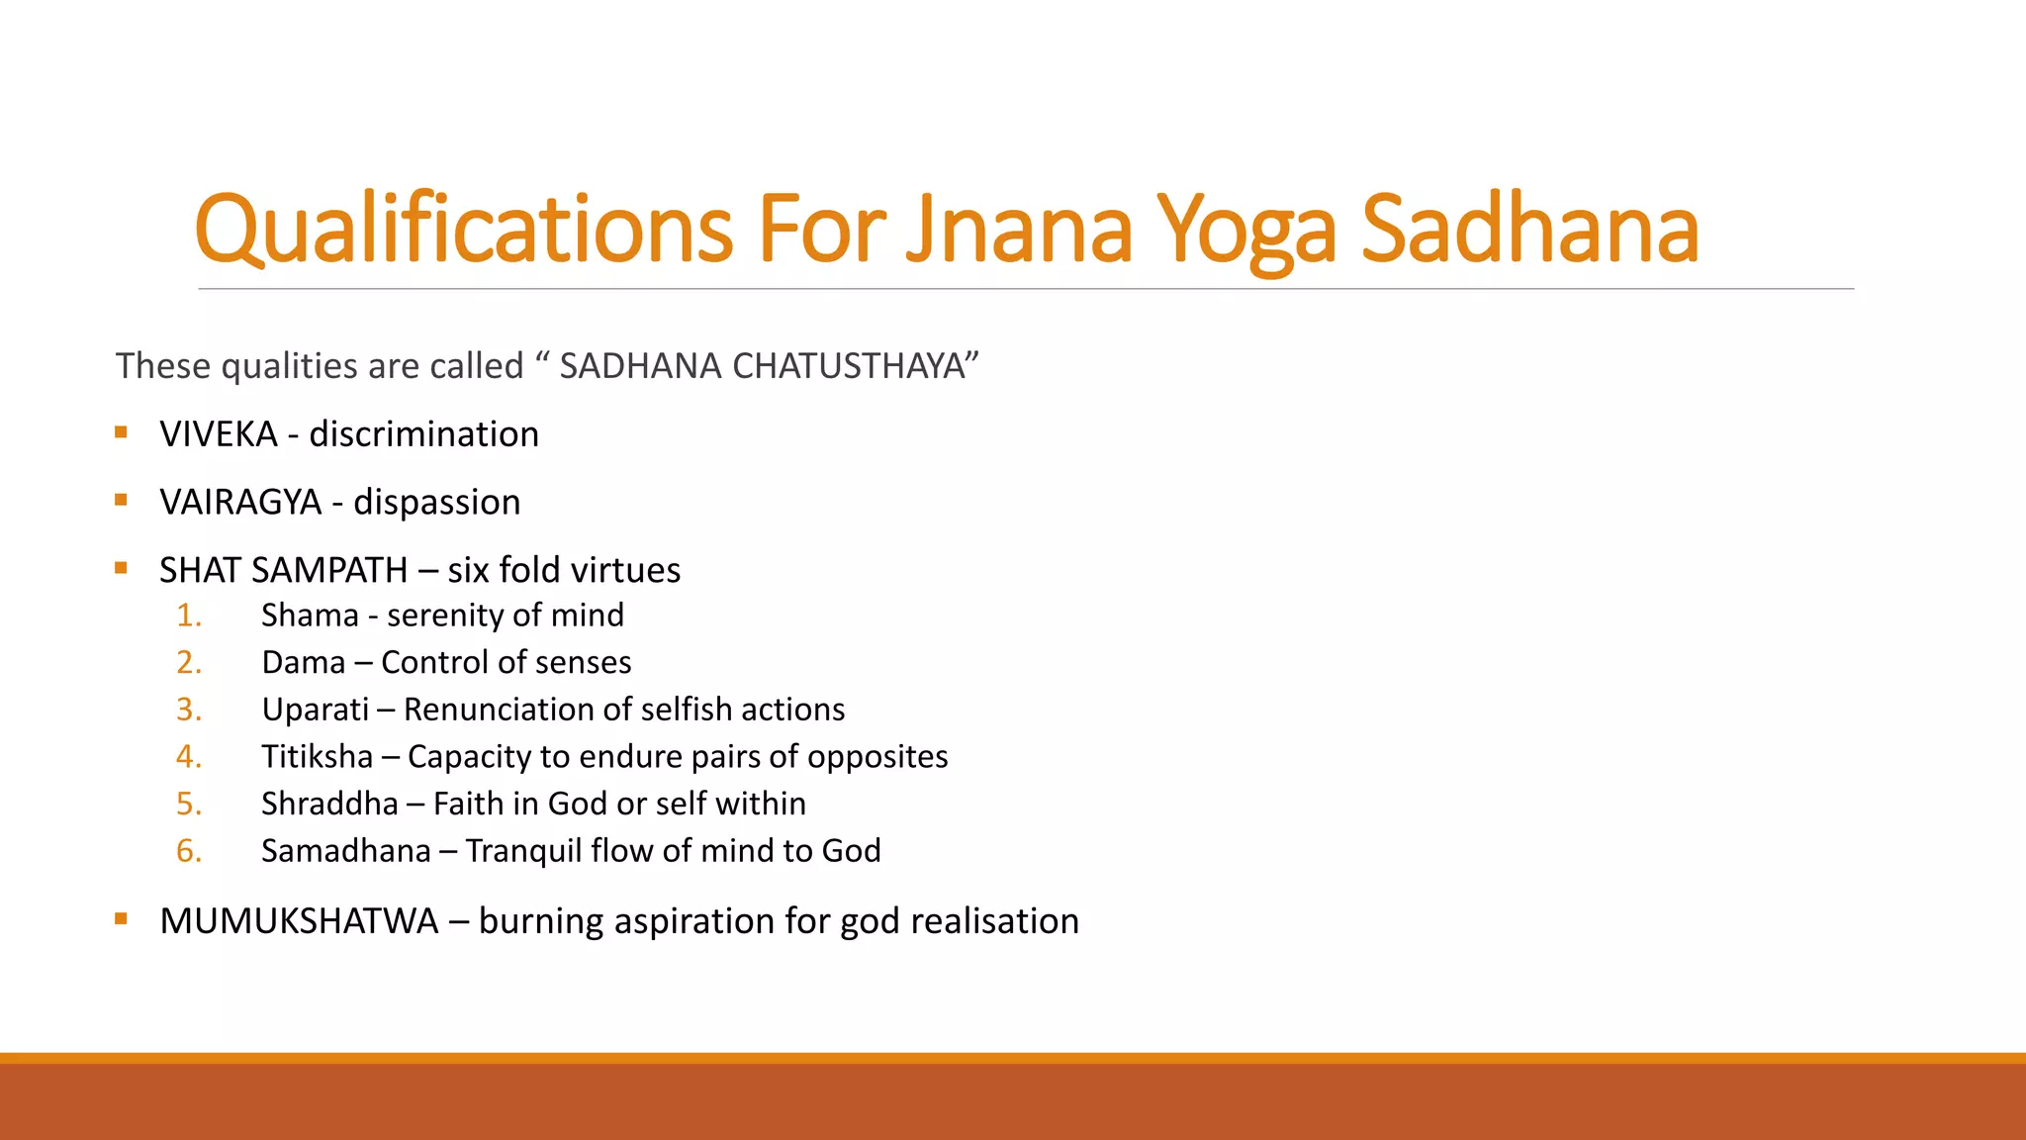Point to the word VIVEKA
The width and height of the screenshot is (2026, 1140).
[219, 434]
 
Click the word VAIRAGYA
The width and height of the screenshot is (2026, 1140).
[240, 503]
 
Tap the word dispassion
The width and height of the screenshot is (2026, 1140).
[436, 503]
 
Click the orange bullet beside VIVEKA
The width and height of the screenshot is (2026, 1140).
[121, 431]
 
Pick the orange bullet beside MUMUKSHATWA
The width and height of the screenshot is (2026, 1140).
[121, 918]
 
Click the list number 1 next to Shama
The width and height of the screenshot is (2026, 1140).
[188, 616]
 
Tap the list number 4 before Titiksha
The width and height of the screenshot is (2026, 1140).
[188, 757]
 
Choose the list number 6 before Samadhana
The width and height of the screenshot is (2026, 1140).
[188, 851]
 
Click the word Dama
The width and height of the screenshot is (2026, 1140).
[303, 662]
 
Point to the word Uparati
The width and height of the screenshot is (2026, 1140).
[315, 710]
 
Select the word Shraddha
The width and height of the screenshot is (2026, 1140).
[329, 804]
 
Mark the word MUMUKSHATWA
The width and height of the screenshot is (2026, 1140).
[299, 921]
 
